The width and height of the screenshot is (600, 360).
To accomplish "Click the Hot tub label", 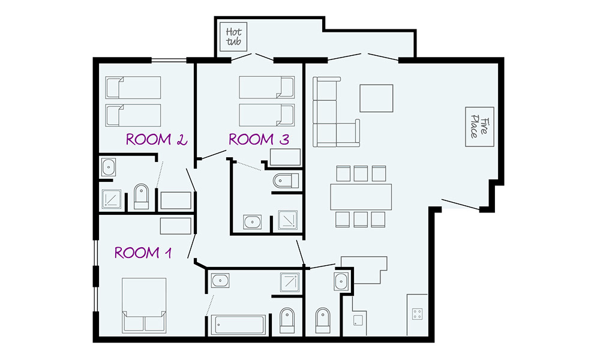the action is tap(233, 37).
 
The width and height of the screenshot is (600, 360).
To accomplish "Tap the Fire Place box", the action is tap(479, 127).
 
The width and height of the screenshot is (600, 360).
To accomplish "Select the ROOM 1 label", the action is tap(143, 253).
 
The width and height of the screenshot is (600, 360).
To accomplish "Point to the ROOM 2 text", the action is tap(157, 139).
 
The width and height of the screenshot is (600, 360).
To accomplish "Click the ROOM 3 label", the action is tap(259, 139).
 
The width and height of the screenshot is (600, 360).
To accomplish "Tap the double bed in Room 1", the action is tap(144, 305).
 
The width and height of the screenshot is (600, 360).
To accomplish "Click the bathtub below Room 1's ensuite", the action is tap(238, 325).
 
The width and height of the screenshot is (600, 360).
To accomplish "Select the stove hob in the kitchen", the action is tap(418, 314).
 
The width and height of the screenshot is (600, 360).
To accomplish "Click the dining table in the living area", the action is tap(361, 197).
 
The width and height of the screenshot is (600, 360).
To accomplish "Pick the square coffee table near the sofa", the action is tap(376, 98).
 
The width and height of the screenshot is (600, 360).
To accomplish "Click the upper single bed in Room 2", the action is tap(133, 88).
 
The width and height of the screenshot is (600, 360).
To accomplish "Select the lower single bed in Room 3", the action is tap(267, 115).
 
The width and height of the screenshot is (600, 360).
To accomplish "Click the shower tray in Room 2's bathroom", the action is tap(112, 199).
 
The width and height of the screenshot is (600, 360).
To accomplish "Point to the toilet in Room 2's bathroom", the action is tap(141, 197).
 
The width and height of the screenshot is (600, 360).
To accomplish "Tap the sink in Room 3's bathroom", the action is tap(253, 222).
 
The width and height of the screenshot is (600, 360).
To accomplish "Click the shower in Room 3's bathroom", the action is tap(287, 220).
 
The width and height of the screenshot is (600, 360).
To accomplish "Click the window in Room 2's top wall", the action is tap(169, 60).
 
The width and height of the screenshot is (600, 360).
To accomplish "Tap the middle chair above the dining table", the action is tap(361, 173).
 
